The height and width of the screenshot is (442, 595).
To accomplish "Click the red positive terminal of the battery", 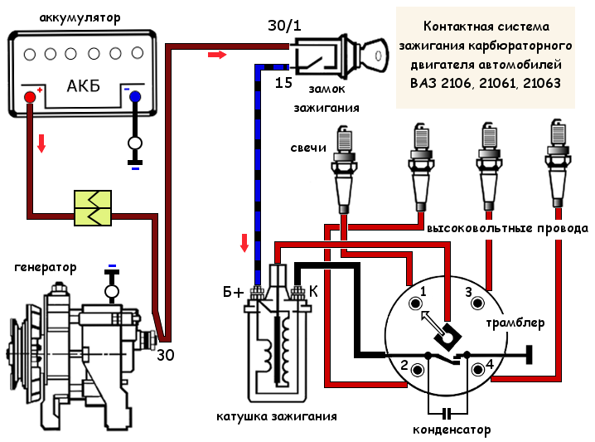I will pyautogui.click(x=30, y=97).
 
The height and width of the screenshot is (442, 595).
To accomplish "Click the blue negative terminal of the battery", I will pyautogui.click(x=134, y=97).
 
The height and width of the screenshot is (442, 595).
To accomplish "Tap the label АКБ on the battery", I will pyautogui.click(x=83, y=86).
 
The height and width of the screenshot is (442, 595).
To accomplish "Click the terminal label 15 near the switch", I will pyautogui.click(x=283, y=83).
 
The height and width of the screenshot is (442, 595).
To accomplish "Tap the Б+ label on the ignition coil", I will pyautogui.click(x=234, y=292).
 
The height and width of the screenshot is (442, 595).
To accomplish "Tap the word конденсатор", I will pyautogui.click(x=452, y=430).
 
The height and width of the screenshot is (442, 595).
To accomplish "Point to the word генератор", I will pyautogui.click(x=45, y=267).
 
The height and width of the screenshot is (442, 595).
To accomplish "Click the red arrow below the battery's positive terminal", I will pyautogui.click(x=41, y=144).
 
